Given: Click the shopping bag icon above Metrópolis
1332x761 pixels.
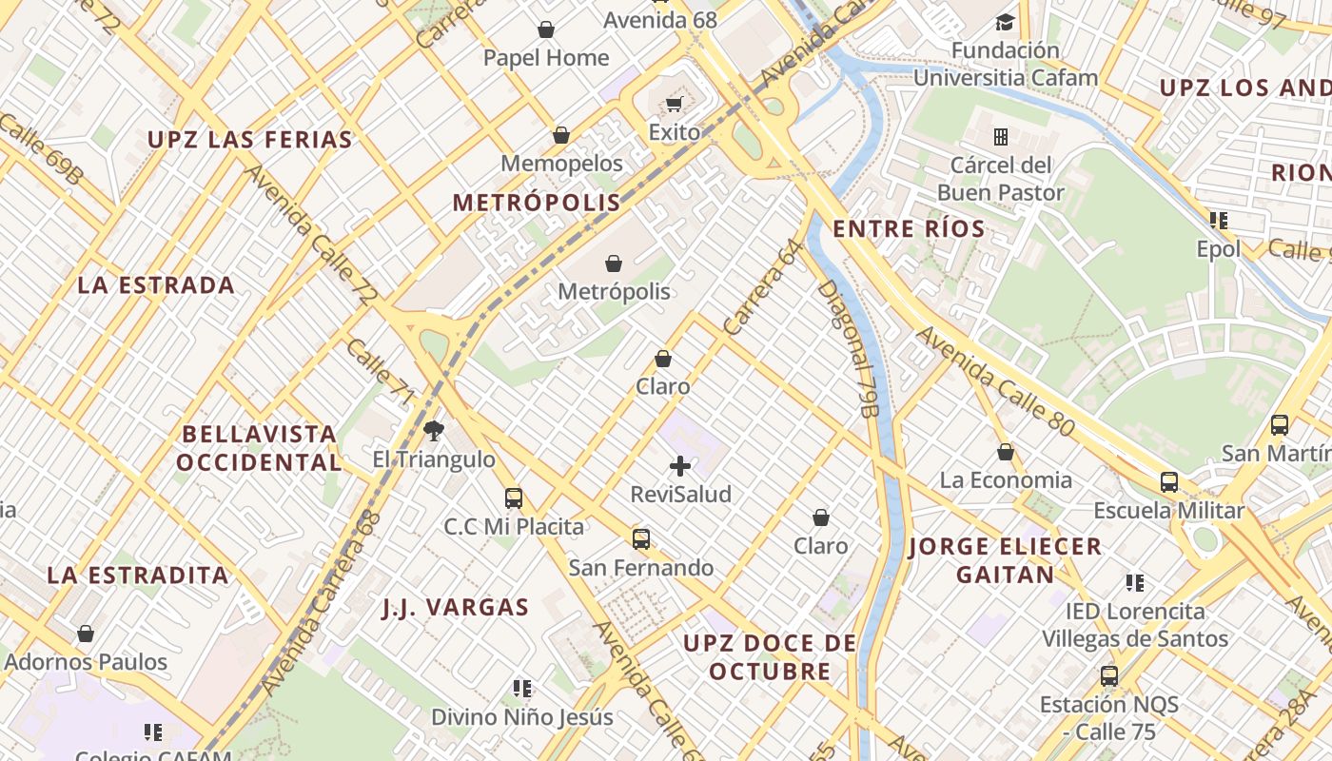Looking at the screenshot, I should [x=614, y=263].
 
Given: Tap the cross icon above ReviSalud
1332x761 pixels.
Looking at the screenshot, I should [x=680, y=465].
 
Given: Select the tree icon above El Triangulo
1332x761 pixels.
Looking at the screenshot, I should [x=434, y=430].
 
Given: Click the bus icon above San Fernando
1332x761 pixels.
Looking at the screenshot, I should [x=641, y=538].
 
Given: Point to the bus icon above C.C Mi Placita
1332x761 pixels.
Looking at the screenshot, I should [x=514, y=498].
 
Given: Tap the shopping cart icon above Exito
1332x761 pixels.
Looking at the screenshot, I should [x=675, y=104].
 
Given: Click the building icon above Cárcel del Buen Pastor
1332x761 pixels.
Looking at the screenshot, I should [x=1000, y=137].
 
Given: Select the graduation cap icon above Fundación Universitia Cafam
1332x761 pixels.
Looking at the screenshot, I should [x=1005, y=22].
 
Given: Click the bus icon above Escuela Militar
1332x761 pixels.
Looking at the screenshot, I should [x=1168, y=481].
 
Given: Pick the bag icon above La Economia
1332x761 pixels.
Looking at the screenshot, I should [x=1006, y=452].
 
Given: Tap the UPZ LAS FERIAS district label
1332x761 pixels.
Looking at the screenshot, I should [x=250, y=140].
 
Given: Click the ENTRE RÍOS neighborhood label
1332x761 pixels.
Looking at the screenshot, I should [x=909, y=229].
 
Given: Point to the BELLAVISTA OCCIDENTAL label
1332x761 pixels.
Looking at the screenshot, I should [x=259, y=448].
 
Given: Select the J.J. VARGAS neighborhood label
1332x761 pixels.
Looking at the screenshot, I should [x=456, y=608].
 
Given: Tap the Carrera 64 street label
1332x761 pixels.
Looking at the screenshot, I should [x=764, y=288].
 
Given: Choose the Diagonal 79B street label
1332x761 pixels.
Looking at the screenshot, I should [x=847, y=348].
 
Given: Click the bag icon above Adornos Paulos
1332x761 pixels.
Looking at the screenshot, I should [x=86, y=634].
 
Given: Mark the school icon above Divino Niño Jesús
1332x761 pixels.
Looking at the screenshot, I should [x=522, y=688].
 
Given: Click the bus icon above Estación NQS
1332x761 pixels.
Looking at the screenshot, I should [x=1109, y=676].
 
